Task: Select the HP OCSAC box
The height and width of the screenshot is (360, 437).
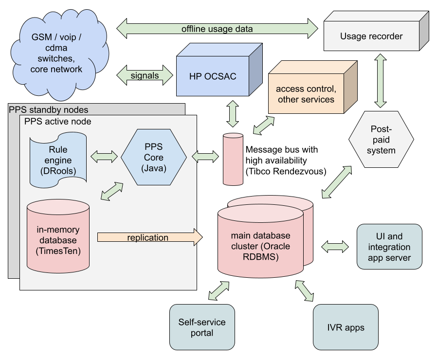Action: pos(213,76)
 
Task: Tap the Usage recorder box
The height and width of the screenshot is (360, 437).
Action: pos(371,36)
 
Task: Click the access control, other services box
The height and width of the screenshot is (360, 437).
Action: pos(306,94)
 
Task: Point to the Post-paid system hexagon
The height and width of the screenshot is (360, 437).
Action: pos(381,140)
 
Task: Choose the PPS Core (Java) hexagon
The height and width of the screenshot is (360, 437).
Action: pos(154,157)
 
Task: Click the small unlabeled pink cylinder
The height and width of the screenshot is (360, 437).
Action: pos(233,159)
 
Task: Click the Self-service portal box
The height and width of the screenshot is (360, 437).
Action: pos(202,327)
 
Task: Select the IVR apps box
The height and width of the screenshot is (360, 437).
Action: pos(346,327)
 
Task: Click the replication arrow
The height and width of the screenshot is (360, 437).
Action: pos(149,237)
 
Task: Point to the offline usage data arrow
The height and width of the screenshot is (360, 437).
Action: pos(217,29)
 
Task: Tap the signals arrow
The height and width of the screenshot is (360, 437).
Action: pos(145,75)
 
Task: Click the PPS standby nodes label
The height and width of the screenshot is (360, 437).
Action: pos(49,109)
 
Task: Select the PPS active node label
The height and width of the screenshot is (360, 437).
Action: pos(57,121)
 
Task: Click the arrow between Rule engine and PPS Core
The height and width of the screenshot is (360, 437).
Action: pos(105,157)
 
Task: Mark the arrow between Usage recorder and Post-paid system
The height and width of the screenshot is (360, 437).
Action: pos(381,81)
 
